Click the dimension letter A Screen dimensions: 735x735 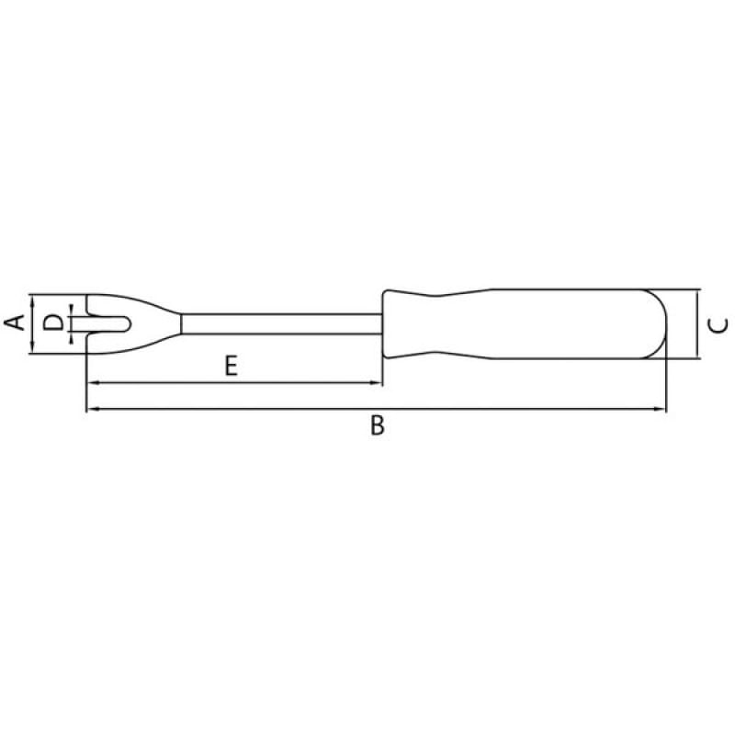pos(15,322)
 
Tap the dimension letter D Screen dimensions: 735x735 pos(52,322)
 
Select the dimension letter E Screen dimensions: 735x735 pos(232,366)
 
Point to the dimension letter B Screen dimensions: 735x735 pos(378,425)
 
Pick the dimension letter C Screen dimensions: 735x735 pos(718,325)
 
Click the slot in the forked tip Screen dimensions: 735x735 pos(108,324)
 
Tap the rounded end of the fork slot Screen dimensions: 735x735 pos(128,324)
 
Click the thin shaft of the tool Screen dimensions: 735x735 pos(282,324)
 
